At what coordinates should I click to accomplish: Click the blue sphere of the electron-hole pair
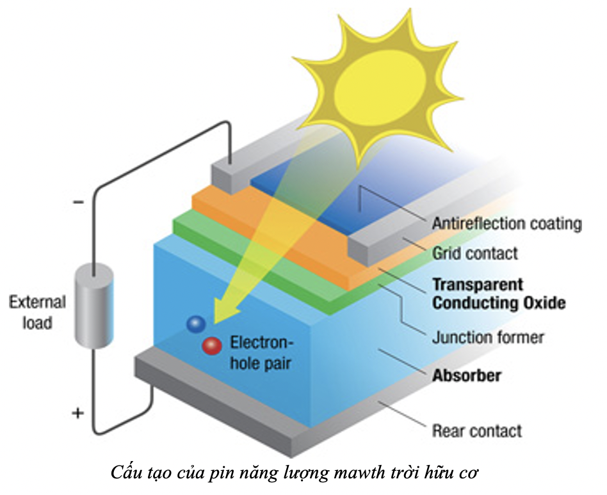[x=195, y=324]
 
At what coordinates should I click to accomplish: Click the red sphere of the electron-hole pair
[x=211, y=346]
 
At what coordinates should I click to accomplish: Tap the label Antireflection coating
[x=506, y=224]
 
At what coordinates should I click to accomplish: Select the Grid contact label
[x=474, y=253]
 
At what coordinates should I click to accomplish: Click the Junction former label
[x=487, y=336]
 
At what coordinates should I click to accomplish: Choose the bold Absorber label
[x=466, y=375]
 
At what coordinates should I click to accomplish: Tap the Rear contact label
[x=477, y=430]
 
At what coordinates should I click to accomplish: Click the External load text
[x=37, y=312]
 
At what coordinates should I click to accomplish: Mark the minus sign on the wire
[x=78, y=203]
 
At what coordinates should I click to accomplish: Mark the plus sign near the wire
[x=77, y=413]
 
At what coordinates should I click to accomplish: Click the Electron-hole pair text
[x=261, y=352]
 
